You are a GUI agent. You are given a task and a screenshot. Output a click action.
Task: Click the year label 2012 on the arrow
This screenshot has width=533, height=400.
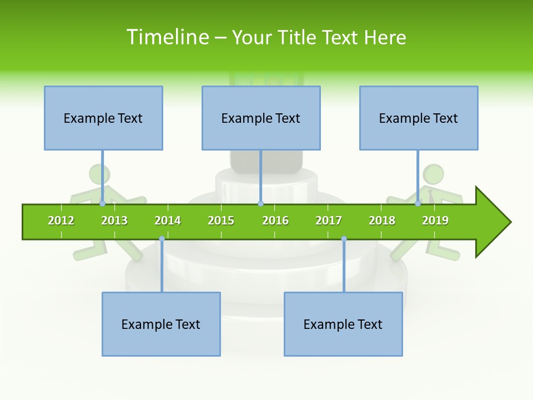[x=61, y=221]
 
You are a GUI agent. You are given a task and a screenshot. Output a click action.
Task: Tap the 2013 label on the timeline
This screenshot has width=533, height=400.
[x=114, y=221]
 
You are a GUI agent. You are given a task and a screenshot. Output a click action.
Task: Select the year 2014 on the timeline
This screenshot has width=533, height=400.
[x=168, y=221]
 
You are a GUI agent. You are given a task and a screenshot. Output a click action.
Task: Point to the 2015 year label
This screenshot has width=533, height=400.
[x=221, y=221]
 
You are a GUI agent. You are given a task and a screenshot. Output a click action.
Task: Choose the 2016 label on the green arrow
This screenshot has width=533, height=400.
[x=275, y=221]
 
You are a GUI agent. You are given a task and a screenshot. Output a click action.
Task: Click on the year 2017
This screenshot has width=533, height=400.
[x=329, y=221]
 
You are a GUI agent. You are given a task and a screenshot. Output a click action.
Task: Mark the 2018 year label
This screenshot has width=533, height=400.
[x=382, y=221]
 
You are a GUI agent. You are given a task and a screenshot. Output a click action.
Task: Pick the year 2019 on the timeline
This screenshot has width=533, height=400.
[x=435, y=221]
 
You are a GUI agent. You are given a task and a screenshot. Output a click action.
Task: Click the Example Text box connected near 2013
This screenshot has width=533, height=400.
[x=103, y=118]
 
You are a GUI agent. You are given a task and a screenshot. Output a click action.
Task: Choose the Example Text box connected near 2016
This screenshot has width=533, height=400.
[x=261, y=118]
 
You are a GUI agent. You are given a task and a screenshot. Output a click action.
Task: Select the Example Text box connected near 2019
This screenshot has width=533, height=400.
[x=419, y=118]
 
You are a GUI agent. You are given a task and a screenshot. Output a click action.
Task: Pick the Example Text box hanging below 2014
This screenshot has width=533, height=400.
[x=161, y=324]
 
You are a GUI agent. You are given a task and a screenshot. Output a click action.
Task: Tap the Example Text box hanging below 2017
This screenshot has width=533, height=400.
[x=343, y=324]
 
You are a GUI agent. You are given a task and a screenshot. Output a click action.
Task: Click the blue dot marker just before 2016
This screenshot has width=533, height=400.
[x=260, y=203]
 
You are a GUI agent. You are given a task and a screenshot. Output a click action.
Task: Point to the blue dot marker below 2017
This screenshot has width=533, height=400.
[x=344, y=238]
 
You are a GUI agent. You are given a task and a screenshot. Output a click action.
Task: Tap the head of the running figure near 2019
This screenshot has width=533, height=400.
[x=433, y=174]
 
